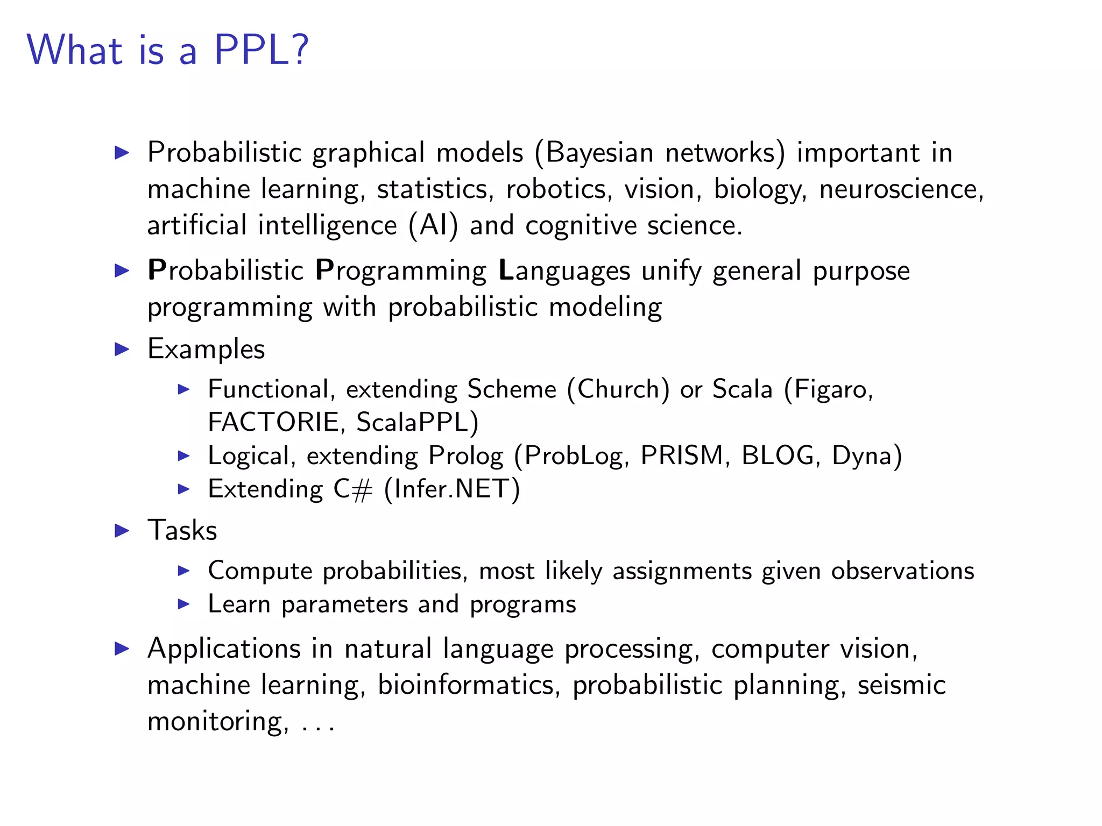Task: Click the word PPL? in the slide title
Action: click(x=261, y=50)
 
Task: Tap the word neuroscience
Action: click(x=901, y=189)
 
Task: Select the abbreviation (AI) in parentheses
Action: click(x=433, y=225)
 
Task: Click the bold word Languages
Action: click(x=564, y=270)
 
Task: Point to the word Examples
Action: click(x=206, y=349)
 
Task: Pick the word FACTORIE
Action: click(x=273, y=422)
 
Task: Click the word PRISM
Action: click(x=682, y=456)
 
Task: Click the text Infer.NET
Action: click(x=452, y=489)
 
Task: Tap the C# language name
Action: click(x=352, y=489)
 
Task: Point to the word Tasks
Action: click(x=182, y=531)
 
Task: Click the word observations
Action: click(x=902, y=571)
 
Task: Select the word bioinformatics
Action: click(x=466, y=685)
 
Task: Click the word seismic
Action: click(x=901, y=685)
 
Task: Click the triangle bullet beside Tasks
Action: click(x=122, y=531)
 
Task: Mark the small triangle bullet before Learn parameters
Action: click(x=183, y=604)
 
